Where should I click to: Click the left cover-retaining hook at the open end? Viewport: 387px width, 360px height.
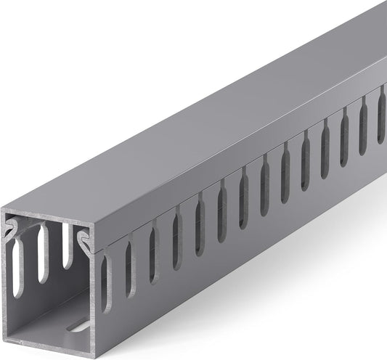pos(12,232)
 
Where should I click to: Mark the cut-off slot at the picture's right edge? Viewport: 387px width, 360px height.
pos(381,105)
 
